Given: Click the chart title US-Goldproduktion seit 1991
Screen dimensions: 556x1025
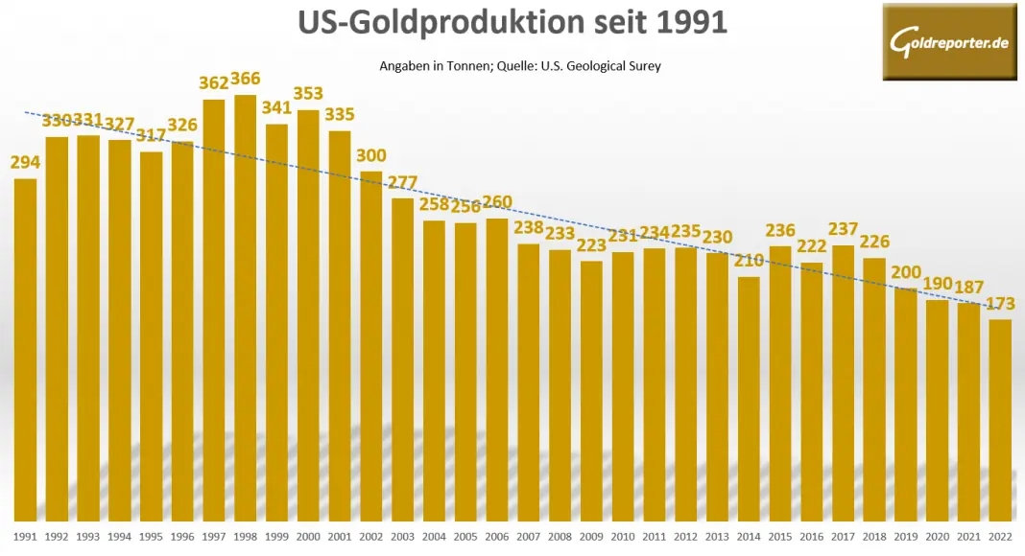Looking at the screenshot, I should [x=512, y=23].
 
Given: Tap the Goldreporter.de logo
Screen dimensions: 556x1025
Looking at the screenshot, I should [x=949, y=41].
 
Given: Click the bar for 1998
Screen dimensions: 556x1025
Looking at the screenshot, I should [x=246, y=307].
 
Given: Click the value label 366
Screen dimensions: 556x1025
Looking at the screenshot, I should [x=245, y=79].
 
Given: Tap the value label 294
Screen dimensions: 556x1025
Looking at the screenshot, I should [x=26, y=162].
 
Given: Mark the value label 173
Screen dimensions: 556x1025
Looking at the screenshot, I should [x=1000, y=304].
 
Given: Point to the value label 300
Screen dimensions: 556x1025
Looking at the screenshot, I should [x=370, y=155].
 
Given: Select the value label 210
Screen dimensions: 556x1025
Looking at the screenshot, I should [x=750, y=260].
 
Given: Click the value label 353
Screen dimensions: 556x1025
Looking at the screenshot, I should [x=308, y=93].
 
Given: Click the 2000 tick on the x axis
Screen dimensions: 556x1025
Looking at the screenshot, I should [x=308, y=536].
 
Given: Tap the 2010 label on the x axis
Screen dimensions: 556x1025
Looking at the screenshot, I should [x=623, y=536].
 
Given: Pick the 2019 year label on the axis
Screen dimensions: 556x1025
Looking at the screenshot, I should [x=907, y=536].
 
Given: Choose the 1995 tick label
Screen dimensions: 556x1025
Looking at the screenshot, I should [x=151, y=536].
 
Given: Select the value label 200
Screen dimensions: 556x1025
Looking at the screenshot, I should [x=907, y=271].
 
